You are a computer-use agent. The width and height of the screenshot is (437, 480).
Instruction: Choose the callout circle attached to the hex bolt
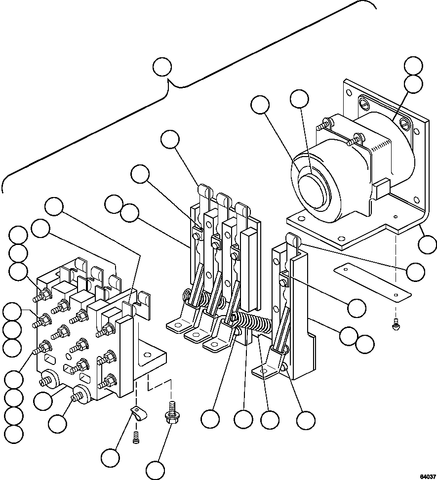pos(156,469)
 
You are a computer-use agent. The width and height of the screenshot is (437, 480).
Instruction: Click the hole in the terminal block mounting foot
pos(147,354)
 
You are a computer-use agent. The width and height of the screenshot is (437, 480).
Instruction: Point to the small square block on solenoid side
pos(381,189)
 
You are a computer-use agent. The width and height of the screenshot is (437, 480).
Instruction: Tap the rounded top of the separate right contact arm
pos(293,240)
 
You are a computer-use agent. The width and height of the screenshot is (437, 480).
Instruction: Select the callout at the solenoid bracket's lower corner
pos(427,244)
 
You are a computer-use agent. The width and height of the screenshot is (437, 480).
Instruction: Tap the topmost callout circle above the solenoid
pos(413,66)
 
